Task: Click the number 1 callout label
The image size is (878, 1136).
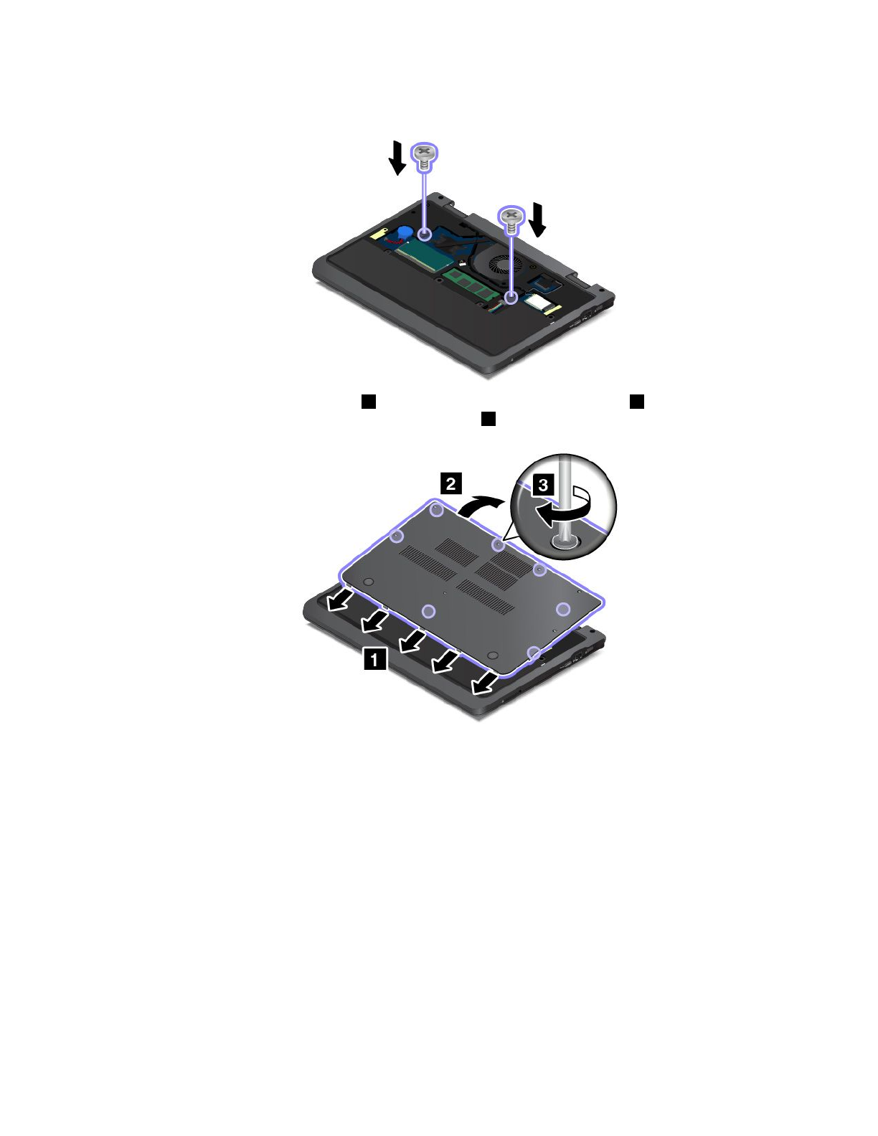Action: [x=375, y=658]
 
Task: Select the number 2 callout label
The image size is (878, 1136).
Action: [x=450, y=483]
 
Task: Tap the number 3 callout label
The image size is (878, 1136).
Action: [x=543, y=485]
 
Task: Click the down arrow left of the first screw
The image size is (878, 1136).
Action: [x=397, y=158]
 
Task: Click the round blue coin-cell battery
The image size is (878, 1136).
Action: [x=405, y=232]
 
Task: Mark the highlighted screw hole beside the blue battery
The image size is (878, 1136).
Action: [x=425, y=234]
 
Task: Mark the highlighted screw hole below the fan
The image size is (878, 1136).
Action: [x=511, y=297]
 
